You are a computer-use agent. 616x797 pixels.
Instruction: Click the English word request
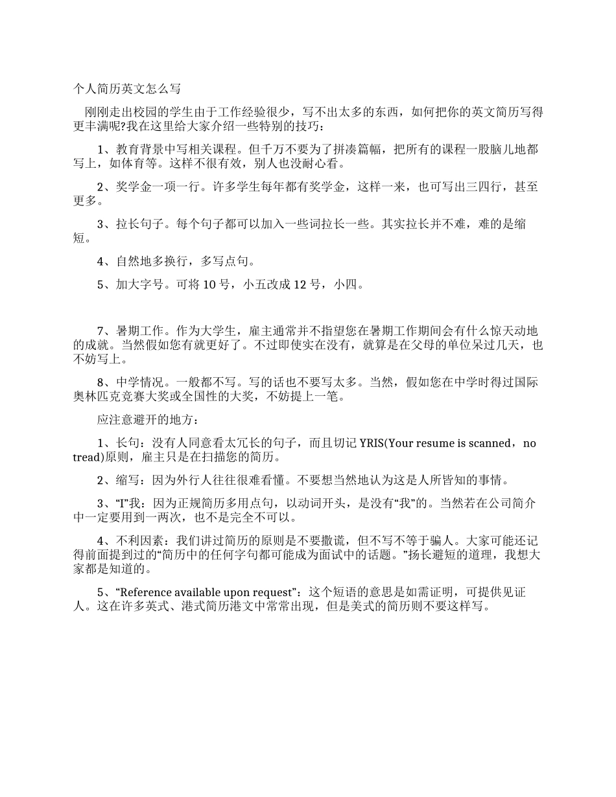click(x=277, y=593)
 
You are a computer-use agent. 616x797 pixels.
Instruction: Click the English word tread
click(x=87, y=457)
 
